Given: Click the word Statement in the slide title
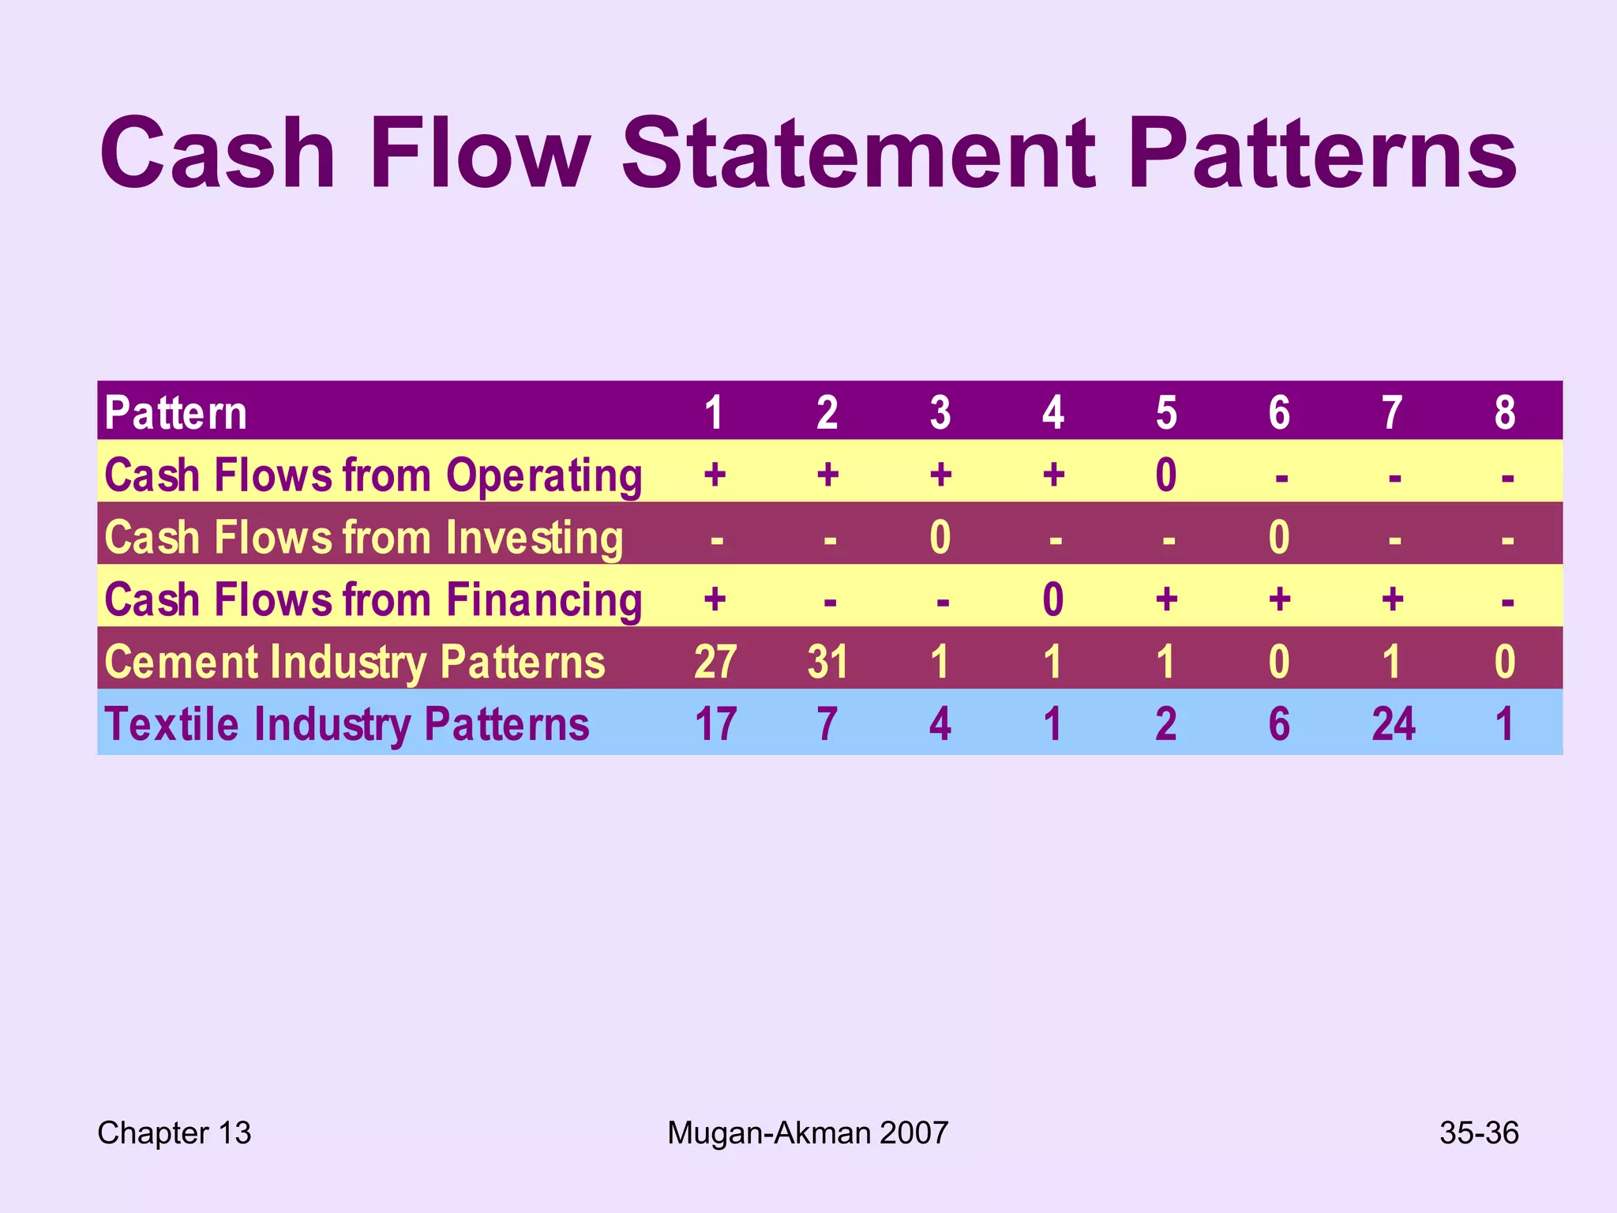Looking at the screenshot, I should click(x=859, y=154).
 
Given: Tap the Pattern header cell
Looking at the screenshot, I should click(x=175, y=413).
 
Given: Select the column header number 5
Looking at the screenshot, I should click(x=1166, y=413).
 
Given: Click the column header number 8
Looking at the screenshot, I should click(x=1505, y=413).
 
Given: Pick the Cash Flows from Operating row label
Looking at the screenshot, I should click(x=373, y=475).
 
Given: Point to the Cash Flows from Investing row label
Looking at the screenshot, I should click(x=363, y=538).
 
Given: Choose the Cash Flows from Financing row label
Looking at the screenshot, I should click(x=373, y=600).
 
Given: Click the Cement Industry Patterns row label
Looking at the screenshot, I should click(x=355, y=662).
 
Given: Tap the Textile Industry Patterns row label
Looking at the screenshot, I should click(x=347, y=724).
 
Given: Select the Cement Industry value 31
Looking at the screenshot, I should click(x=827, y=662).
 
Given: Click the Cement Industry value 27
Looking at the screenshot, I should click(x=715, y=662).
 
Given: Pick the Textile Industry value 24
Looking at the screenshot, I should click(x=1393, y=724).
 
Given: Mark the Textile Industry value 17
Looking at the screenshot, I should click(x=715, y=724).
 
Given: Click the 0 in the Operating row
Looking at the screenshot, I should click(x=1166, y=475).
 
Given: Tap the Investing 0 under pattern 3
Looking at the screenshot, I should click(x=940, y=538).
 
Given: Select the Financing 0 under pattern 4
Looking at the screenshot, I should click(x=1053, y=600).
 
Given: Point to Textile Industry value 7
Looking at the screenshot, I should click(x=827, y=724).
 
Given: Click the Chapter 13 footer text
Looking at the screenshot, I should click(x=174, y=1133).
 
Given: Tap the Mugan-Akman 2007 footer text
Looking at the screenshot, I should click(x=807, y=1133).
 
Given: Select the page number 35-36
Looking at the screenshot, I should click(x=1478, y=1133).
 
